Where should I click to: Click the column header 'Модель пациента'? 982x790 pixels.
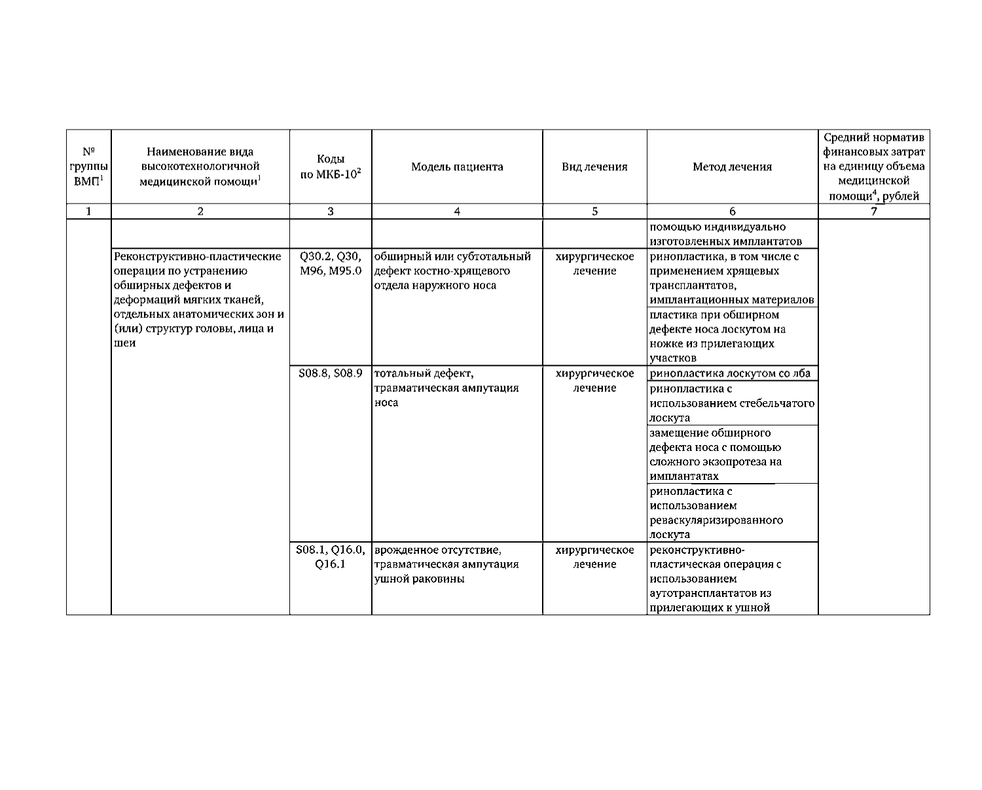click(457, 167)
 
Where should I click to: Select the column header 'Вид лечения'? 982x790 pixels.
click(594, 167)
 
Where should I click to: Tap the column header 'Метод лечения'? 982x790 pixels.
click(732, 167)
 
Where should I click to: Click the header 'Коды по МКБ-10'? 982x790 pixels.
click(331, 167)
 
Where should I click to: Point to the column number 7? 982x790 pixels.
click(873, 211)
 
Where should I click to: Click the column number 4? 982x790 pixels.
click(457, 211)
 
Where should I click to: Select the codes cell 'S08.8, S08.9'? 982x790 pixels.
click(330, 374)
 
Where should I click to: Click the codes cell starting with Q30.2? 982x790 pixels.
click(330, 264)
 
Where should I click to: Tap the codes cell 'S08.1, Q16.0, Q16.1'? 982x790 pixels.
click(330, 557)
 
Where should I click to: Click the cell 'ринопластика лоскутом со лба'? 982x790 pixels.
click(729, 374)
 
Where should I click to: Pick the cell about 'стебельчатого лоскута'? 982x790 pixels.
click(732, 403)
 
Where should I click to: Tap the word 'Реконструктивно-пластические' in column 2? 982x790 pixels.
click(197, 257)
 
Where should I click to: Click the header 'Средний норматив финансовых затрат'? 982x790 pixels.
click(873, 167)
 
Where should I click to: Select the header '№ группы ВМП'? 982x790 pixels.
click(88, 167)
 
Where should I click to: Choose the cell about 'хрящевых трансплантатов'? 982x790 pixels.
click(732, 278)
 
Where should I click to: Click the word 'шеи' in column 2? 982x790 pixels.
click(124, 344)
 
